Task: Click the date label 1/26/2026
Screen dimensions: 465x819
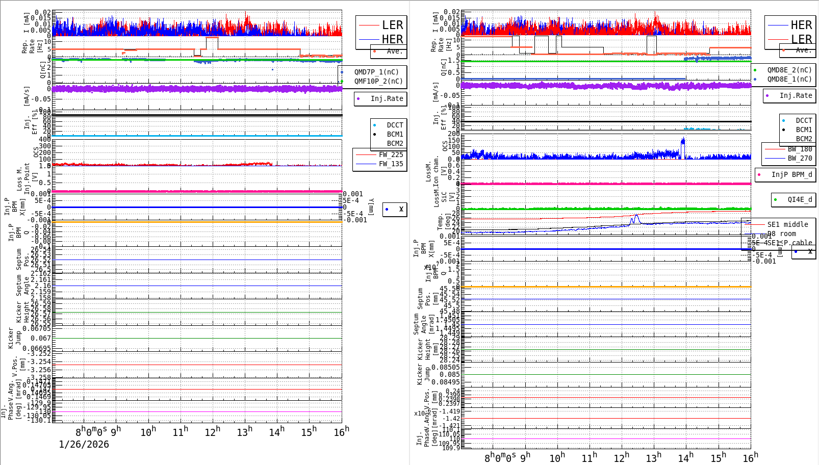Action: coord(84,444)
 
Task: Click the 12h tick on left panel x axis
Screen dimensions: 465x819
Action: coord(213,432)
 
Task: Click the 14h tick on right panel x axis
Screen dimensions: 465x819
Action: coord(685,458)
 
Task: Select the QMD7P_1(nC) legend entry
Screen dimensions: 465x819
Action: coord(376,72)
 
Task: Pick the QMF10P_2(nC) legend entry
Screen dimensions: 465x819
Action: coord(378,81)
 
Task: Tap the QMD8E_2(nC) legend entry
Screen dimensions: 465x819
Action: coord(789,70)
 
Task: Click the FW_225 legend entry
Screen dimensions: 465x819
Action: coord(390,154)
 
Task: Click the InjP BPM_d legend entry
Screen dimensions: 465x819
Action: coord(791,174)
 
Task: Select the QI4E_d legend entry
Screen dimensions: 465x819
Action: coord(799,199)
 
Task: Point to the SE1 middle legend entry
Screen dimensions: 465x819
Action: coord(787,224)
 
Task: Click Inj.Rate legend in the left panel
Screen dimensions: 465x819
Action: coord(386,98)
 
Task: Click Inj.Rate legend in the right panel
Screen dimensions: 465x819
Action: coord(795,95)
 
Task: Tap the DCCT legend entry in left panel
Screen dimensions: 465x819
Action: coord(394,125)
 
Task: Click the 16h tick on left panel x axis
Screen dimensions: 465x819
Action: coord(341,432)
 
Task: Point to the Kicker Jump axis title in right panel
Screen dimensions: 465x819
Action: coord(423,374)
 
